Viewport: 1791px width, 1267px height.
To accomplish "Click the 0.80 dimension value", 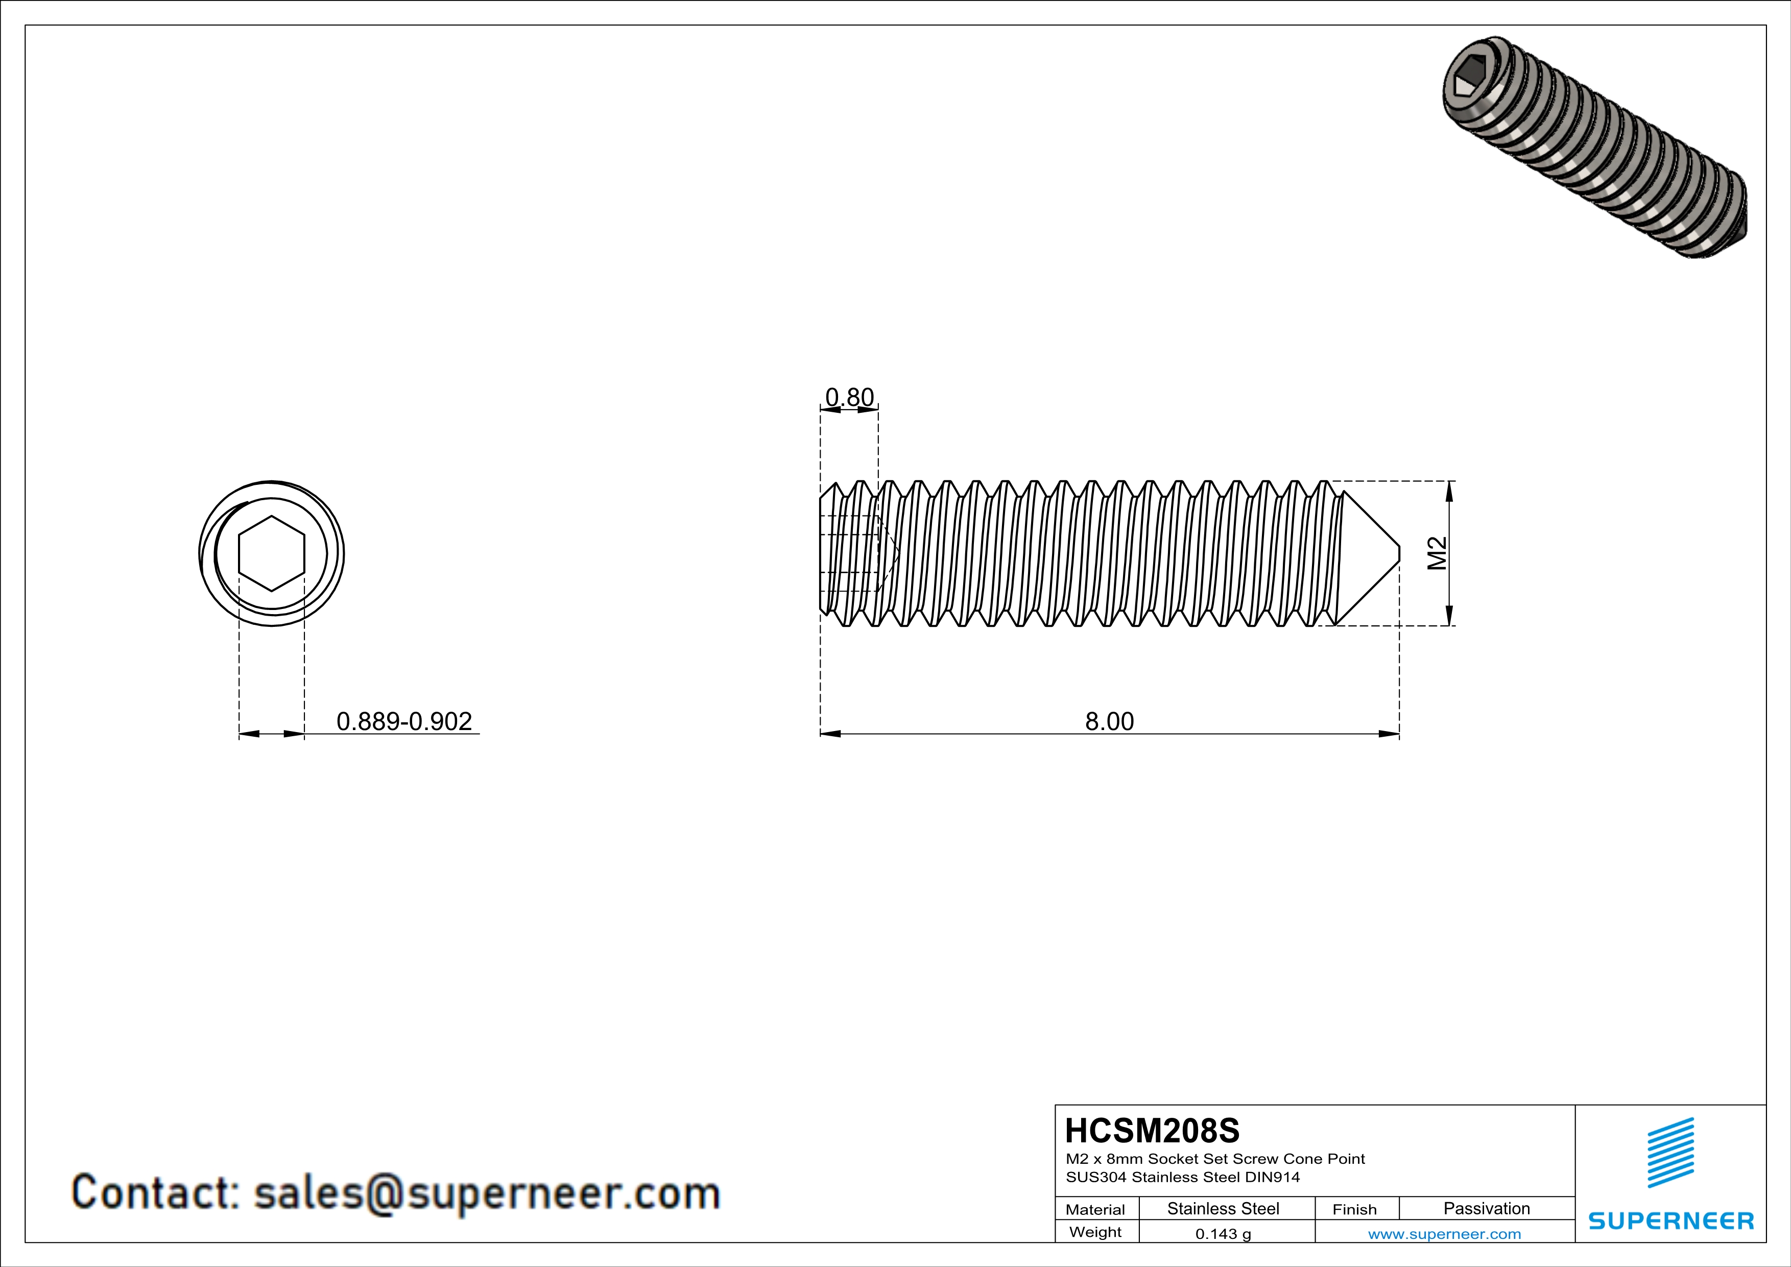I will click(x=849, y=398).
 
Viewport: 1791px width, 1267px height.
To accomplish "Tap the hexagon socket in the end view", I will click(x=272, y=554).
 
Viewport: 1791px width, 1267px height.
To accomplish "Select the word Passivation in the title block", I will click(x=1486, y=1208).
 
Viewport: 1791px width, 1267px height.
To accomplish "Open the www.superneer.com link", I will click(x=1444, y=1233).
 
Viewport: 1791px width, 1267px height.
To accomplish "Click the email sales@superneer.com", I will click(x=487, y=1193).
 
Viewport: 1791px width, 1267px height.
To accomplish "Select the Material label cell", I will click(x=1095, y=1209).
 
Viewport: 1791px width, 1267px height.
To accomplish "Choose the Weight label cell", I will click(x=1095, y=1232).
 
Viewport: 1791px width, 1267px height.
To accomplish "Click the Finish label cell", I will click(x=1354, y=1209).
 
